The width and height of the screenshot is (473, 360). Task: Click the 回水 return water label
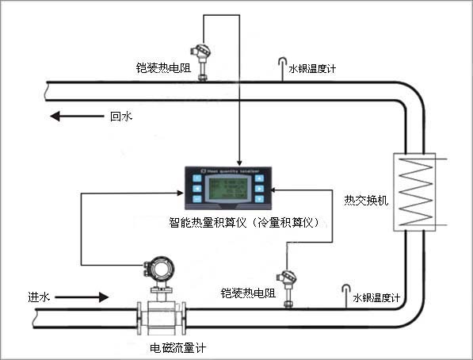[121, 117]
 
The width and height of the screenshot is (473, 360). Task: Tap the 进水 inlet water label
[39, 297]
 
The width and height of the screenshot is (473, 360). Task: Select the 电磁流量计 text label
[178, 347]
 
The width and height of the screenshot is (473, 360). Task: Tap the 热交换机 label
[366, 200]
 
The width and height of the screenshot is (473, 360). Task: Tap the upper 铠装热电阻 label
[163, 68]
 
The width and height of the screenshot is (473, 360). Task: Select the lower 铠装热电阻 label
[248, 293]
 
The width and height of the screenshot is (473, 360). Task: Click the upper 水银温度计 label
[312, 69]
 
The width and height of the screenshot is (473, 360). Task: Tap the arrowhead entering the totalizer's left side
[179, 191]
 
